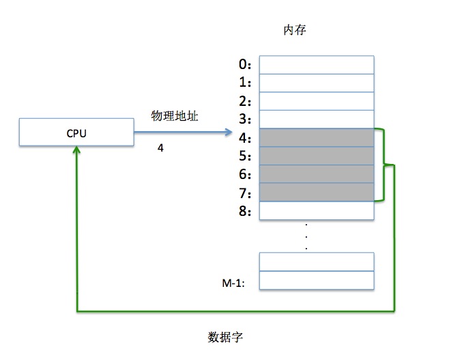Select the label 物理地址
click(175, 117)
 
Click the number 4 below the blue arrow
click(160, 148)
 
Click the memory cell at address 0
click(317, 64)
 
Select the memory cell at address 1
click(317, 83)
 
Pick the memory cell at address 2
click(317, 101)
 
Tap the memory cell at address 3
click(317, 120)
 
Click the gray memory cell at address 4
click(317, 137)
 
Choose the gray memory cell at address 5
click(317, 156)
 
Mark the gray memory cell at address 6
click(317, 174)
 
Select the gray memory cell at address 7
click(317, 192)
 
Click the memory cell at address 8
click(317, 210)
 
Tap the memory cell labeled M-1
click(317, 280)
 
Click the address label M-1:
click(233, 280)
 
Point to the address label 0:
click(246, 65)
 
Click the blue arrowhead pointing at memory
click(229, 132)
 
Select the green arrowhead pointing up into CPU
click(77, 151)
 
